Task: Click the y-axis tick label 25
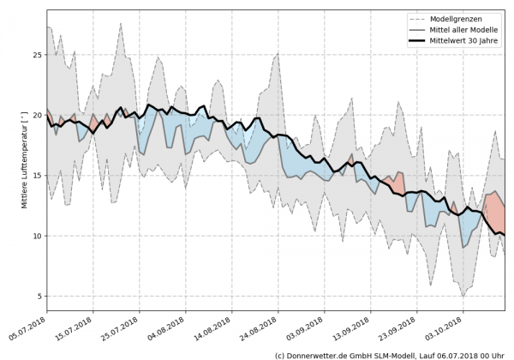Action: click(x=37, y=55)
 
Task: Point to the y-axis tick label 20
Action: click(x=37, y=115)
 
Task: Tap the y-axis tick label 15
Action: click(x=37, y=176)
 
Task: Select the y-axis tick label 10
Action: click(x=37, y=236)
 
